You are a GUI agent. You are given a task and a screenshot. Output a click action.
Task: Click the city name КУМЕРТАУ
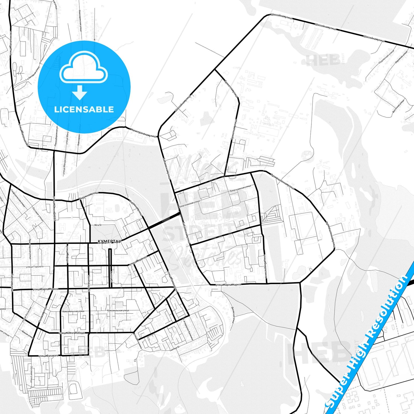(109, 242)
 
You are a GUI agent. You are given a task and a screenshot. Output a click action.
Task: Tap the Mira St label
(98, 225)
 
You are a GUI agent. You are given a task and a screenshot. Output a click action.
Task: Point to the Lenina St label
(111, 276)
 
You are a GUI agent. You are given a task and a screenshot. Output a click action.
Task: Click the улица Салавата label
(49, 356)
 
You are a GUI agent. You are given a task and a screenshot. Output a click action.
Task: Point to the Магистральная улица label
(144, 133)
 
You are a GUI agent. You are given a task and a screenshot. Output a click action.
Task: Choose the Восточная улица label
(399, 106)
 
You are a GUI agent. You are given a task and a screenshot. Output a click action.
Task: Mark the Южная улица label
(28, 332)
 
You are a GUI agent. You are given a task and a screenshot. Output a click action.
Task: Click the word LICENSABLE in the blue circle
(84, 109)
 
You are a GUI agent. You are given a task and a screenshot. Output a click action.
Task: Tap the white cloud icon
(83, 68)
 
